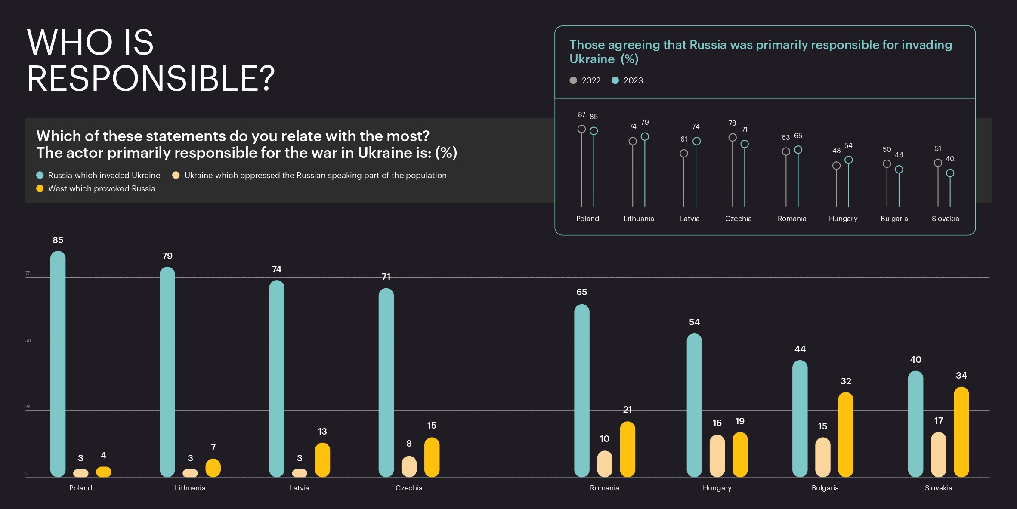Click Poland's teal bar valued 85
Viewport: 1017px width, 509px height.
(58, 364)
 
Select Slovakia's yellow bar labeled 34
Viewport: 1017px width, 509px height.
(961, 432)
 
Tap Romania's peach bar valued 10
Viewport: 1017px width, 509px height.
(604, 464)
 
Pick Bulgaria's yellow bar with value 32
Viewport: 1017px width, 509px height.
(845, 434)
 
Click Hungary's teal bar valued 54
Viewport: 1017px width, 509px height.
(694, 405)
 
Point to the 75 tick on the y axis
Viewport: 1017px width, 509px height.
(28, 273)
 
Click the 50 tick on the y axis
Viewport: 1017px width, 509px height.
(28, 340)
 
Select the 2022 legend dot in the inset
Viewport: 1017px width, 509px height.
(573, 80)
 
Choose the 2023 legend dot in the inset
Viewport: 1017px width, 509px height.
(615, 80)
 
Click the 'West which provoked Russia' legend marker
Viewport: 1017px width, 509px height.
(40, 188)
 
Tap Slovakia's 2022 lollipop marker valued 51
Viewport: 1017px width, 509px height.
(938, 163)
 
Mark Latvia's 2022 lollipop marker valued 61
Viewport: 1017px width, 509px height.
(683, 153)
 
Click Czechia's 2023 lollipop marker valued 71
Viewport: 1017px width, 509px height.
(745, 144)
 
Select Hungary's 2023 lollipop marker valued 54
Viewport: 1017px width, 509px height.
(848, 160)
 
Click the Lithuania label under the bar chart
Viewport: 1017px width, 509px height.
(190, 488)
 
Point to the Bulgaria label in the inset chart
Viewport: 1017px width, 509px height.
(894, 219)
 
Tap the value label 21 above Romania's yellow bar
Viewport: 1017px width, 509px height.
(628, 410)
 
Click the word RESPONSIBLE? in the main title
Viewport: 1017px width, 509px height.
(151, 78)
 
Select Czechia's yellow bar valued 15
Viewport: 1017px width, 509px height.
(432, 457)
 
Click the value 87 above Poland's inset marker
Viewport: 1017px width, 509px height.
(581, 114)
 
